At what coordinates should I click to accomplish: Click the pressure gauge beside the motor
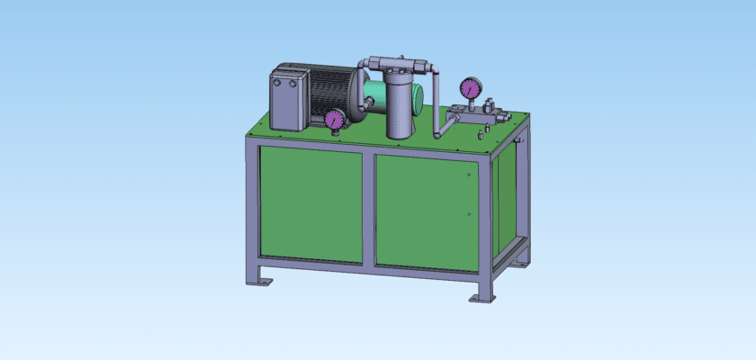(x=335, y=119)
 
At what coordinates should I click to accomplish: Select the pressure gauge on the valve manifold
(x=469, y=88)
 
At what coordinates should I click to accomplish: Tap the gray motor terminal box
(x=291, y=100)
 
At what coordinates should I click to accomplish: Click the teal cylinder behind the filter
(x=373, y=93)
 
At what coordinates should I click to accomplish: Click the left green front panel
(x=310, y=204)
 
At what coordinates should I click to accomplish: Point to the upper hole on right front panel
(x=468, y=175)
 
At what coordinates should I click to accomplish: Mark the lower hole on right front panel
(x=469, y=213)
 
